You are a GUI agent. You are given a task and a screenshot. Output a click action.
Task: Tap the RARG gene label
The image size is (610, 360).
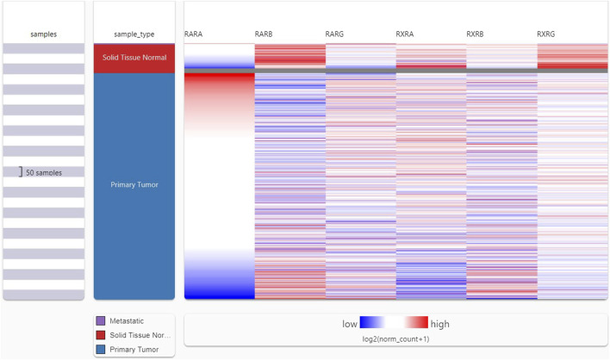(336, 34)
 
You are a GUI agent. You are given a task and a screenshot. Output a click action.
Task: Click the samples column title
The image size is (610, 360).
(43, 34)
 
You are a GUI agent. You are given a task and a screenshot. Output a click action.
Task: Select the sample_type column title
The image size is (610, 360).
(134, 34)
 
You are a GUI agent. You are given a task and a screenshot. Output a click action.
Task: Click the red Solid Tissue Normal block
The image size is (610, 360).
(134, 58)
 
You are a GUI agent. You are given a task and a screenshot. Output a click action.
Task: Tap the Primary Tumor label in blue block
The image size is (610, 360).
(134, 183)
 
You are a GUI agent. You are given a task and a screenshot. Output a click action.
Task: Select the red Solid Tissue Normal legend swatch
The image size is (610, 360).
(102, 334)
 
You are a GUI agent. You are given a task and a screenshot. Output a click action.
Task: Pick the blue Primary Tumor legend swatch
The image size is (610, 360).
(102, 349)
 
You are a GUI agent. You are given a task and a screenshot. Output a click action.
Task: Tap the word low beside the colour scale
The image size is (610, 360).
(349, 324)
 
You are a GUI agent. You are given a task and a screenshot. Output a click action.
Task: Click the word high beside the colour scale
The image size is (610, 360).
(439, 324)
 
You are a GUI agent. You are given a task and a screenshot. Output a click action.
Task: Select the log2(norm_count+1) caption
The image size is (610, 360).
(395, 339)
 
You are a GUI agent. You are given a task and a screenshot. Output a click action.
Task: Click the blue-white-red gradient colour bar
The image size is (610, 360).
(394, 323)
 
